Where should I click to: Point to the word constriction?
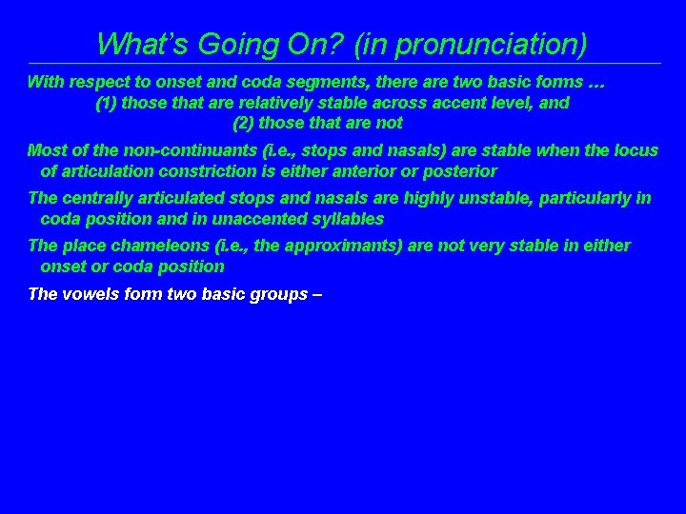point(200,171)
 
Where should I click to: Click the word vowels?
point(91,293)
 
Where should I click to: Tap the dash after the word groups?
point(317,293)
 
